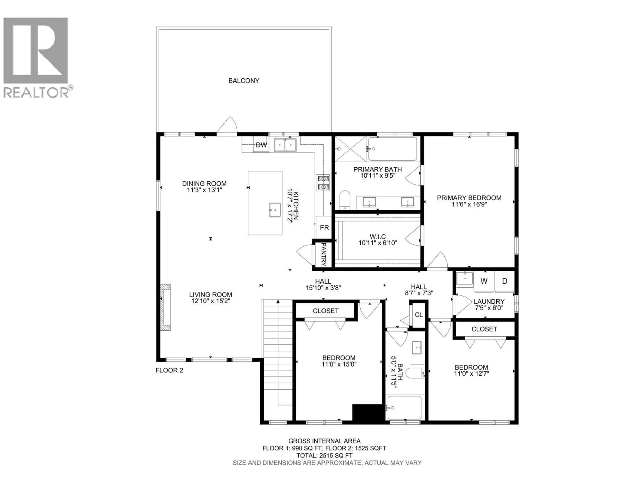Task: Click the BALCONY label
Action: pyautogui.click(x=244, y=81)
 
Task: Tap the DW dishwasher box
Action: pyautogui.click(x=261, y=145)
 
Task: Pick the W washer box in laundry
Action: pyautogui.click(x=484, y=281)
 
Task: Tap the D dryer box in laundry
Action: pyautogui.click(x=505, y=281)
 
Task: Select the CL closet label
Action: pyautogui.click(x=419, y=315)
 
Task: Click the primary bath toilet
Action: pyautogui.click(x=345, y=200)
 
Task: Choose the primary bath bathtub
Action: pyautogui.click(x=392, y=149)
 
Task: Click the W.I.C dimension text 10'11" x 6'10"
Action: pyautogui.click(x=378, y=243)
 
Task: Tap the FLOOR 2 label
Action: pyautogui.click(x=169, y=370)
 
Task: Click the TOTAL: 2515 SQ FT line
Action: pyautogui.click(x=324, y=456)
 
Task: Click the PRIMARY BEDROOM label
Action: pyautogui.click(x=469, y=198)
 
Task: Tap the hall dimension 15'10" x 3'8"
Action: pyautogui.click(x=323, y=288)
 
